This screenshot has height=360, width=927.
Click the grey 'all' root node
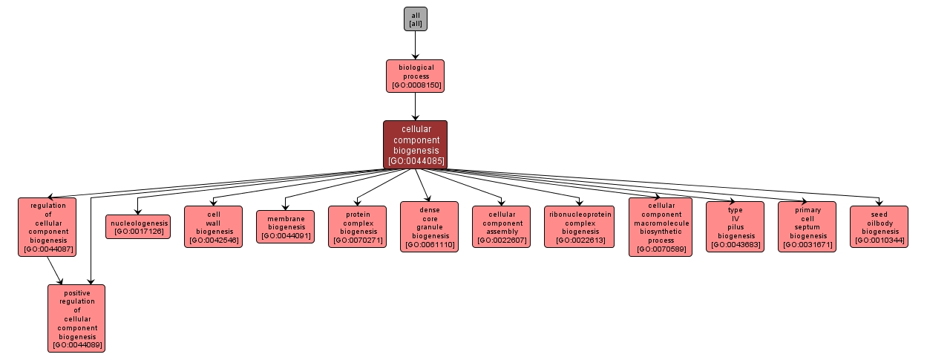(415, 19)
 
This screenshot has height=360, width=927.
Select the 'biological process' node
(415, 76)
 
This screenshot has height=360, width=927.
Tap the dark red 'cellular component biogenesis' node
(415, 144)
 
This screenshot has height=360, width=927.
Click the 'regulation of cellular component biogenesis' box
(48, 226)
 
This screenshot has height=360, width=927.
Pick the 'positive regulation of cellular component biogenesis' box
(76, 318)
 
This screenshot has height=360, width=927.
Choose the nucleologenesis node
(138, 226)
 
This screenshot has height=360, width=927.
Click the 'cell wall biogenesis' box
(213, 226)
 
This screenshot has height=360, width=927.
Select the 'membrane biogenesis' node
(286, 226)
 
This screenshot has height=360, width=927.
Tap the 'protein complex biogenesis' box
(357, 226)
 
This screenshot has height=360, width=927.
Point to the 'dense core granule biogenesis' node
(429, 226)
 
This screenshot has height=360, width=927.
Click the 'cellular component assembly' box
(501, 226)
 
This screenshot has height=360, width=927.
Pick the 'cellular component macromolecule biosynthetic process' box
(660, 226)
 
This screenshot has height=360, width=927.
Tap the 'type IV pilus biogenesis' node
(735, 226)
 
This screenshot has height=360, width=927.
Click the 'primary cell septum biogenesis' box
(807, 226)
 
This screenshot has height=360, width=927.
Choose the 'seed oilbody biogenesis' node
(879, 226)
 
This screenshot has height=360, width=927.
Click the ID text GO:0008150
(415, 85)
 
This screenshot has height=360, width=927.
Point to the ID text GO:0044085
(415, 160)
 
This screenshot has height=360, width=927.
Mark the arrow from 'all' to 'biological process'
(415, 45)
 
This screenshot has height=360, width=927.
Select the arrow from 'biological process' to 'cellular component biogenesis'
(415, 105)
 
